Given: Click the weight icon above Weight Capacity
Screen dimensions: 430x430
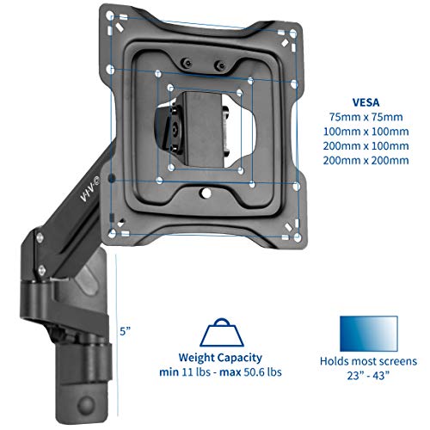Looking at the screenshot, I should tap(217, 334).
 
